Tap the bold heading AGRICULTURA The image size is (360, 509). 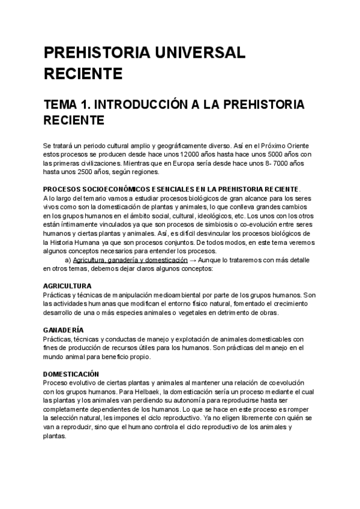[x=67, y=286]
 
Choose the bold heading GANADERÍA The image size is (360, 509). [x=64, y=330]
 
